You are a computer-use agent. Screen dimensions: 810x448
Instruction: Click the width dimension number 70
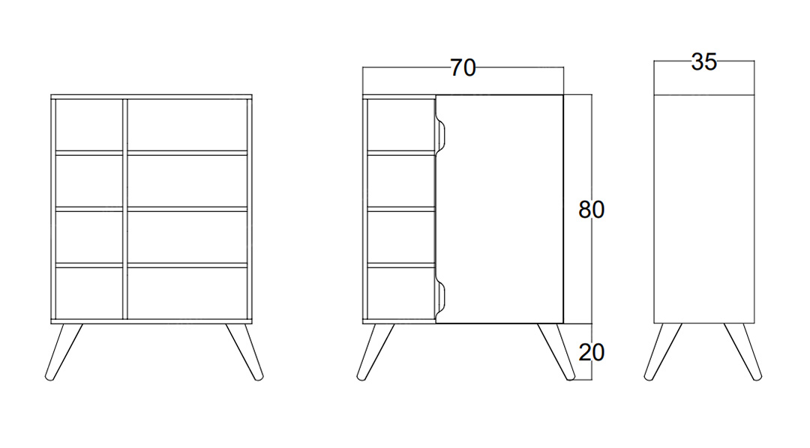pyautogui.click(x=462, y=68)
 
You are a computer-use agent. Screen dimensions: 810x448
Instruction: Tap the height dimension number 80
pyautogui.click(x=591, y=210)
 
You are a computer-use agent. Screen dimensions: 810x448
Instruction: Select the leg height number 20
pyautogui.click(x=591, y=353)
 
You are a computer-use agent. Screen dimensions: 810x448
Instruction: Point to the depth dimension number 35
pyautogui.click(x=703, y=62)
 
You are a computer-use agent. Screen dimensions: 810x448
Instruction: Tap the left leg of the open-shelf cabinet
pyautogui.click(x=63, y=352)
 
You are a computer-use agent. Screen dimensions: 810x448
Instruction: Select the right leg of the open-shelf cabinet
pyautogui.click(x=244, y=352)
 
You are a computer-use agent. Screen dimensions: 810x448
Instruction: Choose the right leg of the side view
pyautogui.click(x=742, y=352)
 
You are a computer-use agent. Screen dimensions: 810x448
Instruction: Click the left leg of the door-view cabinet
pyautogui.click(x=375, y=352)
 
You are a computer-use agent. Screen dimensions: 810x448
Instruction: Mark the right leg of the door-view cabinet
pyautogui.click(x=556, y=352)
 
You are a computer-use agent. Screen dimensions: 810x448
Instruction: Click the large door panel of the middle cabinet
pyautogui.click(x=499, y=209)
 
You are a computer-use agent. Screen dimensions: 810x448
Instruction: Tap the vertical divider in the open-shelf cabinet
pyautogui.click(x=125, y=209)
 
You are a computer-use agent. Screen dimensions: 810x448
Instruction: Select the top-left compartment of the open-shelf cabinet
pyautogui.click(x=88, y=125)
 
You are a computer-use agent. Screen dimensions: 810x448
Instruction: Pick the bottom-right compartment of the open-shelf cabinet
pyautogui.click(x=187, y=293)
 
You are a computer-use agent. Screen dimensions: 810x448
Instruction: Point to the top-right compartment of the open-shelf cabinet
pyautogui.click(x=187, y=125)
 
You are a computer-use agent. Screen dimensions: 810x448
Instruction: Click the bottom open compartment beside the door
pyautogui.click(x=401, y=293)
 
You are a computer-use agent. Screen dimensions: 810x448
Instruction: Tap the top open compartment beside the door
pyautogui.click(x=401, y=125)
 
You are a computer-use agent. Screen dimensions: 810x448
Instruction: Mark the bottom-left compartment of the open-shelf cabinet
pyautogui.click(x=88, y=293)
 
